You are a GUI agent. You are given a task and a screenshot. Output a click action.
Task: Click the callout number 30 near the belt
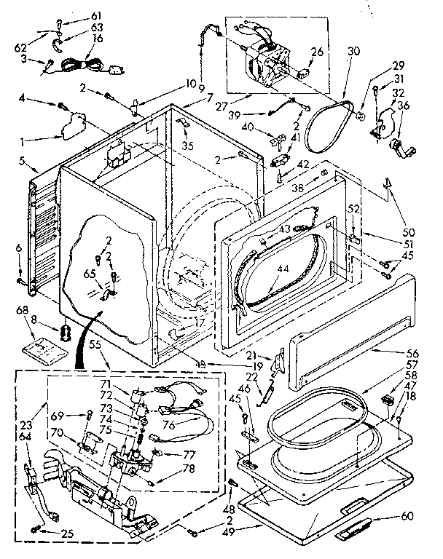354,52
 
